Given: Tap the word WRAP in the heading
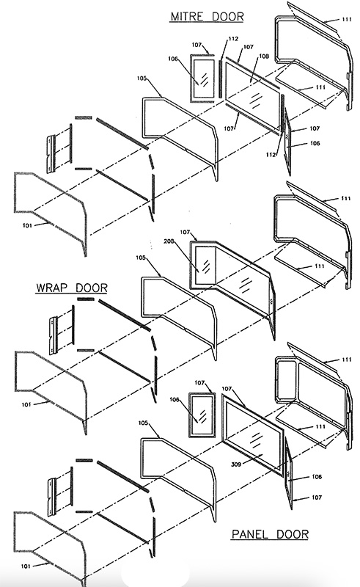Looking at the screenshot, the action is coord(51,288).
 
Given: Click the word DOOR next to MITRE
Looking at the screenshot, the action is coord(228,16).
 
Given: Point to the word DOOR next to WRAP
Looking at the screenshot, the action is coord(92,288).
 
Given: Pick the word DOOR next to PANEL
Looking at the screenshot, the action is coord(293,534).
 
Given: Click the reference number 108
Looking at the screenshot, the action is coord(264,56).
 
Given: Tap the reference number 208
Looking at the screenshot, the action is coord(169,241).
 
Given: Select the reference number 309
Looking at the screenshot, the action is coord(236,464).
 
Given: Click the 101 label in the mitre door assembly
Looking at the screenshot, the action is coord(27,225).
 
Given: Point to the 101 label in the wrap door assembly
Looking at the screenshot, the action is coord(26,404).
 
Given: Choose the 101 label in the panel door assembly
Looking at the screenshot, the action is coord(25,566).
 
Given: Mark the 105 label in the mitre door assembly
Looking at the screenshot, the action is coord(142,79).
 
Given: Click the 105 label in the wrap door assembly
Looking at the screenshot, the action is coord(141,258).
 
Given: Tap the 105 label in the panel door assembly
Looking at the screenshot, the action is coord(143,423).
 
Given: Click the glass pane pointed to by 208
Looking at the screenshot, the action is coord(205,265).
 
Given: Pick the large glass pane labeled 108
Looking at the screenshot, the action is coord(253,97).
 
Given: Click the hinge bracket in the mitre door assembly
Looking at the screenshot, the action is coord(51,155).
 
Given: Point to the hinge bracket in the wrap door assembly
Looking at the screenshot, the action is coord(54,335).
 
